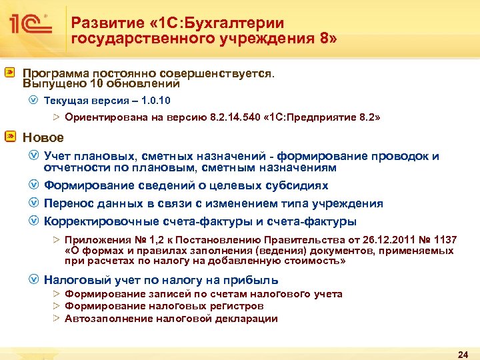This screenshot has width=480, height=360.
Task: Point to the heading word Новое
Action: tap(43, 137)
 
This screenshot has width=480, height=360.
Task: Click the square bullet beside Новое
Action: tap(11, 137)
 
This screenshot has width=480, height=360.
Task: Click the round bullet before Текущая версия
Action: tap(33, 101)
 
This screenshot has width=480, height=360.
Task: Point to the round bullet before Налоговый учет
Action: tap(33, 279)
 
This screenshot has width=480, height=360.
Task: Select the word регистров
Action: tap(237, 306)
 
